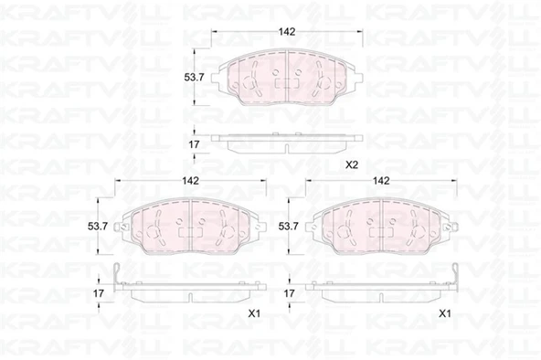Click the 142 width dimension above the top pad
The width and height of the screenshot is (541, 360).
pyautogui.click(x=287, y=32)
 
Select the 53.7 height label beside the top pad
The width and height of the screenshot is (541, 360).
pyautogui.click(x=194, y=78)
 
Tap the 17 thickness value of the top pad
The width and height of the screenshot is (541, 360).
pyautogui.click(x=194, y=144)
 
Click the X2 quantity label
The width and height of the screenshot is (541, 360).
pyautogui.click(x=352, y=165)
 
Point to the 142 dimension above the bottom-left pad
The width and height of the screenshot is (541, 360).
pyautogui.click(x=190, y=181)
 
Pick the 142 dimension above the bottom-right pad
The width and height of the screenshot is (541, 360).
pyautogui.click(x=381, y=181)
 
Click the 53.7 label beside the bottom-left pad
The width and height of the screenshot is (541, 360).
pyautogui.click(x=98, y=227)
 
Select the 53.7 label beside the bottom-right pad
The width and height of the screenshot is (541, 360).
pyautogui.click(x=289, y=227)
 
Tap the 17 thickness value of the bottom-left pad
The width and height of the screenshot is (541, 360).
pyautogui.click(x=99, y=293)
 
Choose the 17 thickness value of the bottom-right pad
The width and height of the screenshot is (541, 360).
pyautogui.click(x=289, y=293)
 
